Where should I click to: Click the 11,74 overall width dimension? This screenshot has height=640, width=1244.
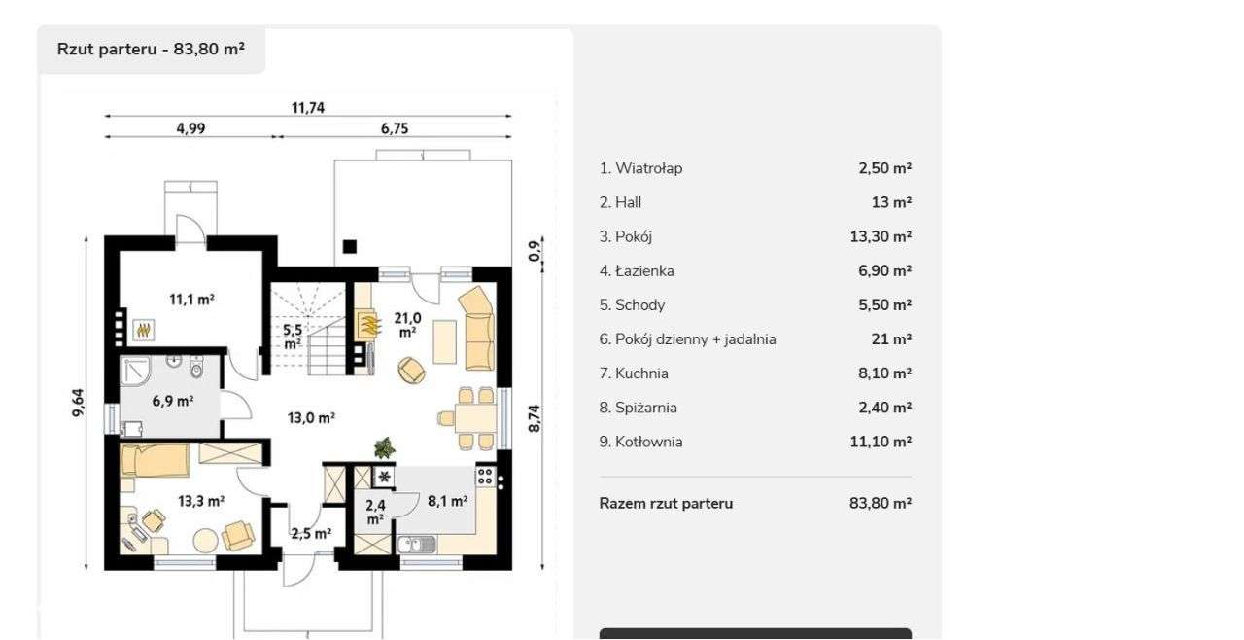pos(308,108)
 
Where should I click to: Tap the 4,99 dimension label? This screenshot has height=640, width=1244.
pos(190,128)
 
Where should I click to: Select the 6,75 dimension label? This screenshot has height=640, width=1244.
pos(395,128)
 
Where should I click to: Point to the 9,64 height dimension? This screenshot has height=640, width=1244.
pos(79,404)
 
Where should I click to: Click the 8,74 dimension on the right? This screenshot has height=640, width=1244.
pos(534,418)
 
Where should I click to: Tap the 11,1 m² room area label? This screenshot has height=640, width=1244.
pos(191,300)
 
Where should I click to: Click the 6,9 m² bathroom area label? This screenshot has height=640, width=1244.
pos(172,400)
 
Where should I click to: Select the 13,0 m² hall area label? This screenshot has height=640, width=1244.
pos(311,418)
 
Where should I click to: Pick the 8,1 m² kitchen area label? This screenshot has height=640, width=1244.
pos(447,501)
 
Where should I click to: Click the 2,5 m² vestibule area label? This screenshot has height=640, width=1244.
pos(311,533)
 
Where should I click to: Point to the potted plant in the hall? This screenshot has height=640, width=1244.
pos(385,447)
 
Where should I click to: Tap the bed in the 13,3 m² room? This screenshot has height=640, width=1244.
pos(155,459)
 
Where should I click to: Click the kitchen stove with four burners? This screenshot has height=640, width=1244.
pos(485,478)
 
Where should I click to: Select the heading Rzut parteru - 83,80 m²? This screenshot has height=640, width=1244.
pos(151,50)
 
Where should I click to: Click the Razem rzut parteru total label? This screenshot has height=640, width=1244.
pos(666,504)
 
